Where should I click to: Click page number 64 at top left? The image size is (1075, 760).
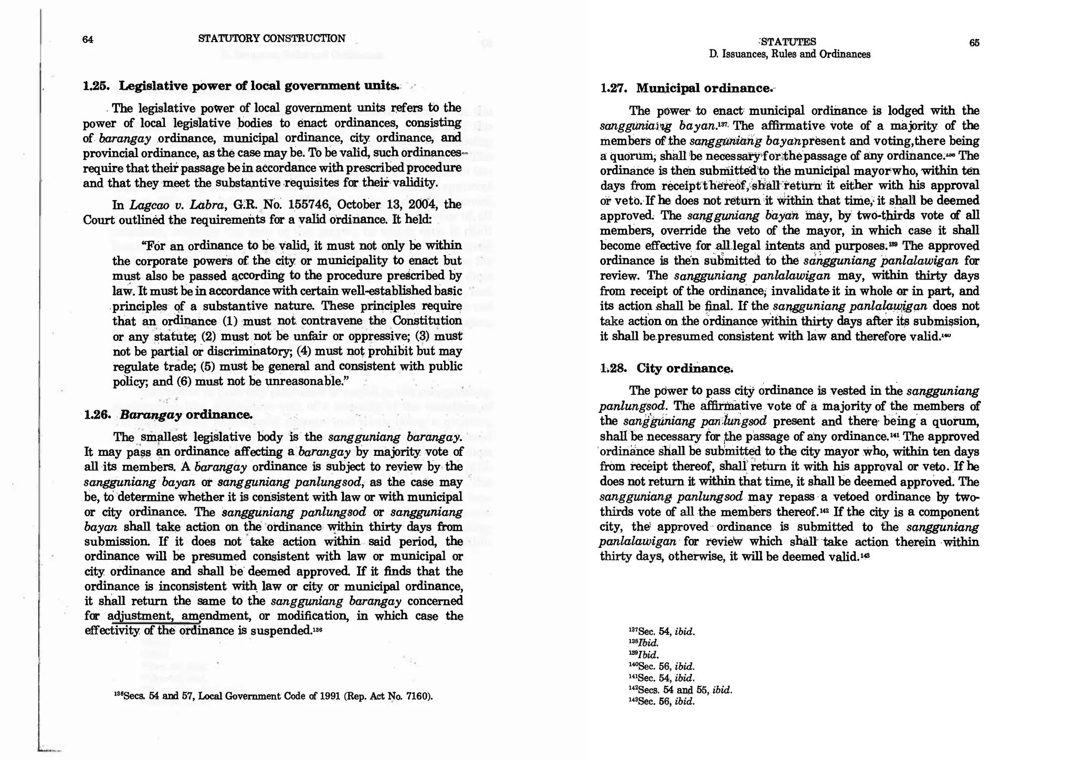88,39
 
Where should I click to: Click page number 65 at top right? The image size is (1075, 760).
974,43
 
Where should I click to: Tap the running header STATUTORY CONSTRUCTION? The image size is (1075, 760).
271,38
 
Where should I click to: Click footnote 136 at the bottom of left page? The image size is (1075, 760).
120,696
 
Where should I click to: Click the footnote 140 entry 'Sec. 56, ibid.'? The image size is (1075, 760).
661,667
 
